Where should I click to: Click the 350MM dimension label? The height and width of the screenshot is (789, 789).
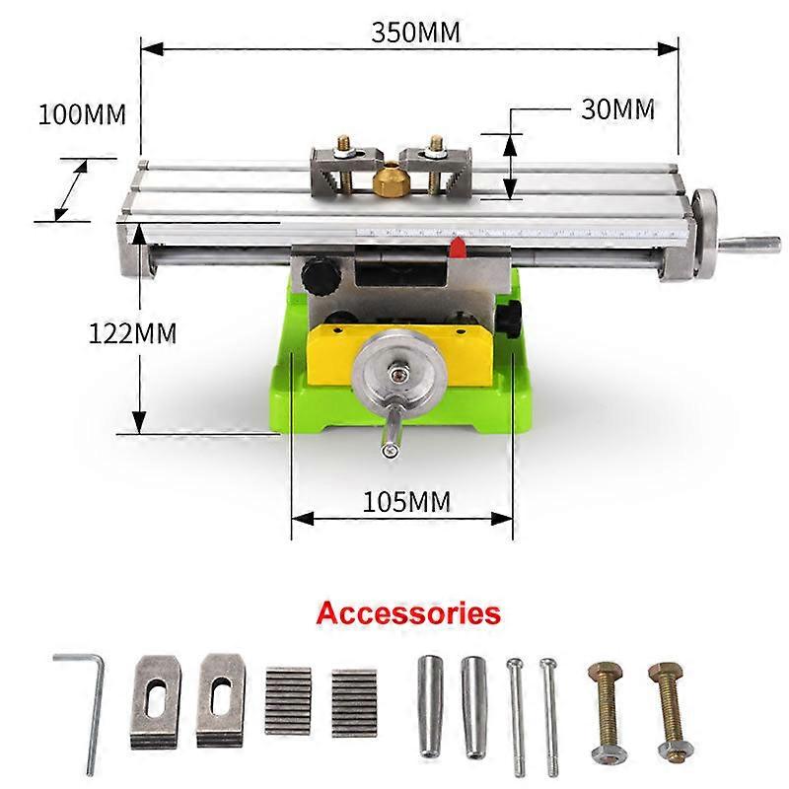pyautogui.click(x=415, y=32)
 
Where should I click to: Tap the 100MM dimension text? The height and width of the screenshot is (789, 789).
pyautogui.click(x=83, y=114)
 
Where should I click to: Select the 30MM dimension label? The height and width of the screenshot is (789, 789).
pyautogui.click(x=617, y=109)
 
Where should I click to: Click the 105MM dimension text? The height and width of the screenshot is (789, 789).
pyautogui.click(x=406, y=502)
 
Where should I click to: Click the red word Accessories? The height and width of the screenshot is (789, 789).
pyautogui.click(x=408, y=612)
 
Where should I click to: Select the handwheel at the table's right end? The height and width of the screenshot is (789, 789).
pyautogui.click(x=706, y=236)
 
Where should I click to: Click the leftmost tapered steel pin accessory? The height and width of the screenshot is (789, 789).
pyautogui.click(x=427, y=705)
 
